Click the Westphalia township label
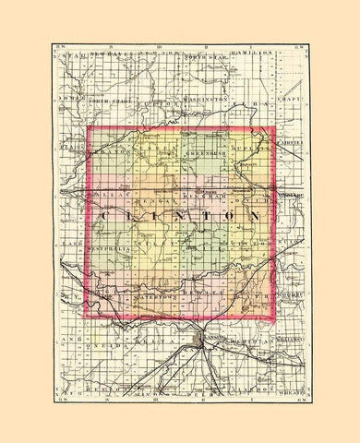[113, 249]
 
